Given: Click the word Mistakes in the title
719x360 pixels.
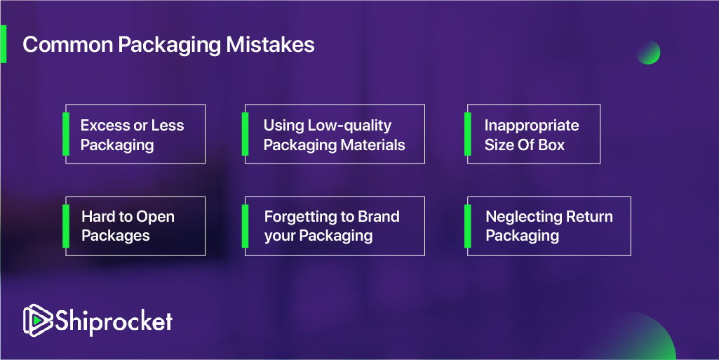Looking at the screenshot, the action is point(270,45).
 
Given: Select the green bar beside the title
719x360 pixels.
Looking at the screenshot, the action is point(4,44).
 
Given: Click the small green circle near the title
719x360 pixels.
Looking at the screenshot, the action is point(648,52).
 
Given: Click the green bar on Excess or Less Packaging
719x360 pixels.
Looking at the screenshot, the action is point(66,134).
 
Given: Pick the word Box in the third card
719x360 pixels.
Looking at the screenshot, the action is point(551,145).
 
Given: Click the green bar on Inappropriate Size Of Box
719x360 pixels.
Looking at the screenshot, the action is point(468,134).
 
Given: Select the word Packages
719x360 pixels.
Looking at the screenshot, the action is point(116,236).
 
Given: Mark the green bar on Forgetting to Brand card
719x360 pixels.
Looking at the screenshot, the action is point(246,226).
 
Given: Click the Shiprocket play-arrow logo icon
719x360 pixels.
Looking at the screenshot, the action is point(38,320).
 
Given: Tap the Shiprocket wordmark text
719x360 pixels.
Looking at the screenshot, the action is point(114,320).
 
